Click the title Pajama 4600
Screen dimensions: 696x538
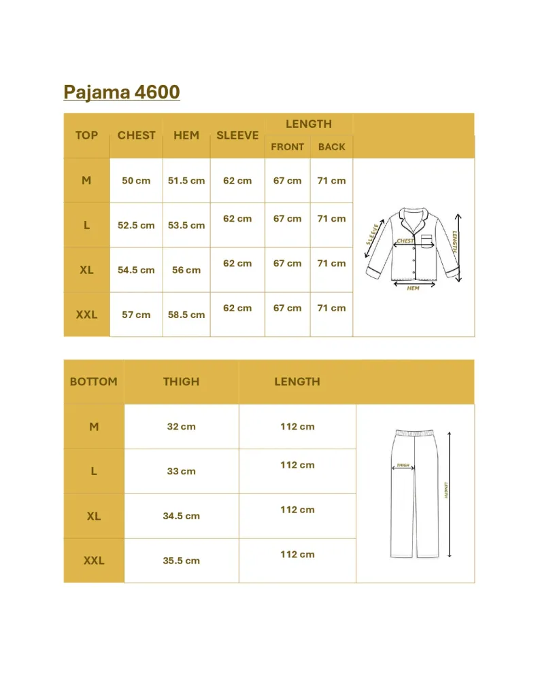pyautogui.click(x=122, y=92)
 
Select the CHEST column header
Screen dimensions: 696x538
pyautogui.click(x=136, y=135)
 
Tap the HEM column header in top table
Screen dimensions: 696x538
pyautogui.click(x=186, y=135)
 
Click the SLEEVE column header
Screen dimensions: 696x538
pyautogui.click(x=237, y=135)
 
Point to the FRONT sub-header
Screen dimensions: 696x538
pyautogui.click(x=287, y=147)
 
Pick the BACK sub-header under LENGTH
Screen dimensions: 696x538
pyautogui.click(x=331, y=147)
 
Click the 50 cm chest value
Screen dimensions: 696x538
pyautogui.click(x=136, y=181)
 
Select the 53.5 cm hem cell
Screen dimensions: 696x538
pyautogui.click(x=186, y=226)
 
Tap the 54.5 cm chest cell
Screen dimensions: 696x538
pyautogui.click(x=136, y=270)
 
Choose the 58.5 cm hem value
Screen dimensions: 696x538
pyautogui.click(x=186, y=315)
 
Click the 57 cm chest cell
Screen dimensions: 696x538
pyautogui.click(x=136, y=315)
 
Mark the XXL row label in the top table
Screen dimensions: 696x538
pyautogui.click(x=86, y=315)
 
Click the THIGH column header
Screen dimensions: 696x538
pyautogui.click(x=181, y=382)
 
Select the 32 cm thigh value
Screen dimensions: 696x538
pyautogui.click(x=181, y=427)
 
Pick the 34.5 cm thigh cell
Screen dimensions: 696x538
pyautogui.click(x=181, y=516)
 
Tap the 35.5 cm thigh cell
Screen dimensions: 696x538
pyautogui.click(x=181, y=561)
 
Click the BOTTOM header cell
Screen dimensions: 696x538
pyautogui.click(x=93, y=382)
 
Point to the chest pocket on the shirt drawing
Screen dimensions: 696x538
pyautogui.click(x=426, y=241)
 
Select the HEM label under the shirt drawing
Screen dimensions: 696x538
pyautogui.click(x=413, y=289)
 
